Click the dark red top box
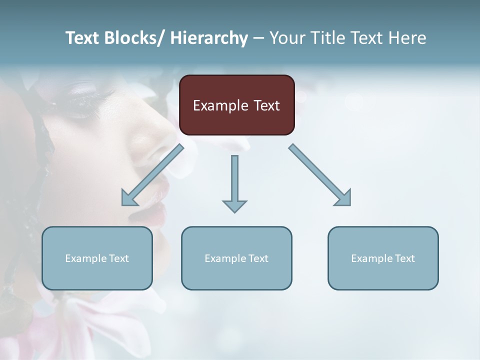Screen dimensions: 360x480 236,105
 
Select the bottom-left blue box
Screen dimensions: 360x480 97,258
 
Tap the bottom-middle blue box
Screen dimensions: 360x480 236,258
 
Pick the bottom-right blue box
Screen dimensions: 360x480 383,258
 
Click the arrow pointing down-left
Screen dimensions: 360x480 152,175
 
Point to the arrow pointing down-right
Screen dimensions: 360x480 320,175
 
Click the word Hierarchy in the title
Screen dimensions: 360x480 209,38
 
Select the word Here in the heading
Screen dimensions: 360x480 407,38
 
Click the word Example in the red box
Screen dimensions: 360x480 220,105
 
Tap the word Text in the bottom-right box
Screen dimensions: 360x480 404,258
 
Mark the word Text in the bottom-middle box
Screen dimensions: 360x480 257,258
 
